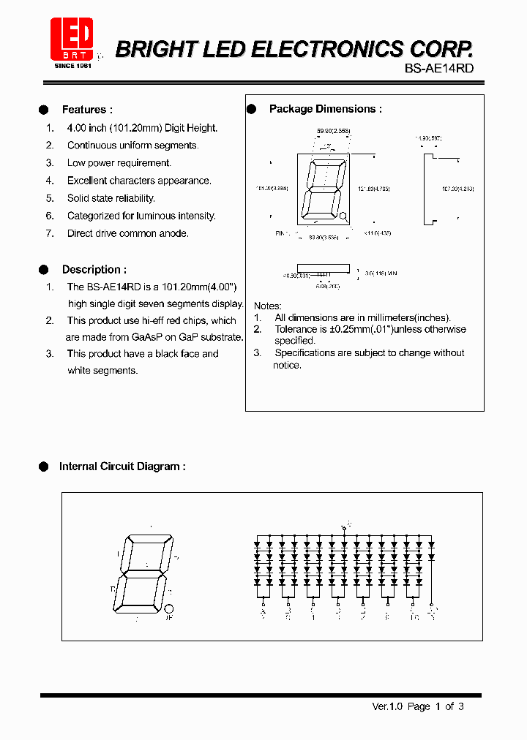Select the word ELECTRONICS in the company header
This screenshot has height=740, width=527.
[x=336, y=49]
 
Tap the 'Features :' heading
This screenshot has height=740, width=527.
[x=87, y=110]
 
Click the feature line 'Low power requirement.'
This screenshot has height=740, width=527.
[x=119, y=163]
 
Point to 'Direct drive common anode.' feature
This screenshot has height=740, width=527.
[x=128, y=233]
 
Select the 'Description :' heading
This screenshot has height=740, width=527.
[x=94, y=269]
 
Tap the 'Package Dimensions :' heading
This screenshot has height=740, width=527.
[x=326, y=109]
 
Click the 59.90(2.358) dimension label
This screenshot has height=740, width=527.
[x=333, y=131]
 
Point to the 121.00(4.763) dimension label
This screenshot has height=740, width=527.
[x=374, y=189]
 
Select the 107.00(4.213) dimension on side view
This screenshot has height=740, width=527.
[x=457, y=189]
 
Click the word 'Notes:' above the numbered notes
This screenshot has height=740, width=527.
[x=267, y=306]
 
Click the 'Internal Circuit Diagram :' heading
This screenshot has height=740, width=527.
[x=122, y=467]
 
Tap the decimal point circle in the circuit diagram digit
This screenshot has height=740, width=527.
[x=168, y=608]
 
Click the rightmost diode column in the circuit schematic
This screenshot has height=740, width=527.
[x=431, y=563]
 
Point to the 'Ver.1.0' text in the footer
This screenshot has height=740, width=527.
[x=387, y=706]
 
